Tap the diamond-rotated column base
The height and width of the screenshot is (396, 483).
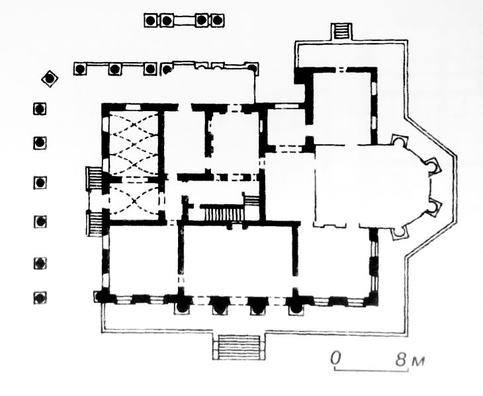tap(50, 79)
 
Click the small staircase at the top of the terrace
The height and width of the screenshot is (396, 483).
tap(342, 30)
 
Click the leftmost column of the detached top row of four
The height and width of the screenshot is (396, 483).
tap(151, 20)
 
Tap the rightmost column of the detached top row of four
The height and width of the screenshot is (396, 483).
tap(218, 20)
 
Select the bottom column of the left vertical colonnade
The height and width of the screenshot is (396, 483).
tap(40, 297)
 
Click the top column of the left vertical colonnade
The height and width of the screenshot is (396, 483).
tap(40, 108)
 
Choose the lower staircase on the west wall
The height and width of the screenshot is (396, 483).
tap(95, 223)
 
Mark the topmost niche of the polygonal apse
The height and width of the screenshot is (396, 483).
tap(400, 141)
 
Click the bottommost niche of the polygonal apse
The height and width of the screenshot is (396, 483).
tap(400, 233)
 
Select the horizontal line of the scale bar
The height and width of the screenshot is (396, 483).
tap(371, 370)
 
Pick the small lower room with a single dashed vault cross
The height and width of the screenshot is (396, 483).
tap(134, 201)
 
